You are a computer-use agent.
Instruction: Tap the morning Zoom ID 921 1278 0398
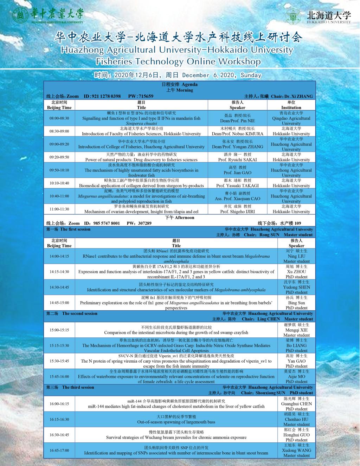[x=105, y=96]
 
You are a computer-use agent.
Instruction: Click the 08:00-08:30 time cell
[x=59, y=118]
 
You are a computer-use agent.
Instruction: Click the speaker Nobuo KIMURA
[x=237, y=134]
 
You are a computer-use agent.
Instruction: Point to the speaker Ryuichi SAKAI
[x=237, y=160]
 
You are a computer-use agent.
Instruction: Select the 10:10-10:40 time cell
[x=59, y=183]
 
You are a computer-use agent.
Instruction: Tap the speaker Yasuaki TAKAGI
[x=237, y=186]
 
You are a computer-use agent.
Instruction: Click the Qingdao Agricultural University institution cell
[x=291, y=118]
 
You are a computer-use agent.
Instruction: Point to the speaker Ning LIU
[x=296, y=256]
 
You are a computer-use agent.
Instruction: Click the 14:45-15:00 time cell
[x=59, y=303]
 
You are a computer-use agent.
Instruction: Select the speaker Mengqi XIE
[x=296, y=330]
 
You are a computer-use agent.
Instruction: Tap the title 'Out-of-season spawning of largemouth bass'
[x=176, y=422]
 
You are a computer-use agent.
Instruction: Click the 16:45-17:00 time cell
[x=59, y=450]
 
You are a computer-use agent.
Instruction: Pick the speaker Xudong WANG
[x=296, y=450]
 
